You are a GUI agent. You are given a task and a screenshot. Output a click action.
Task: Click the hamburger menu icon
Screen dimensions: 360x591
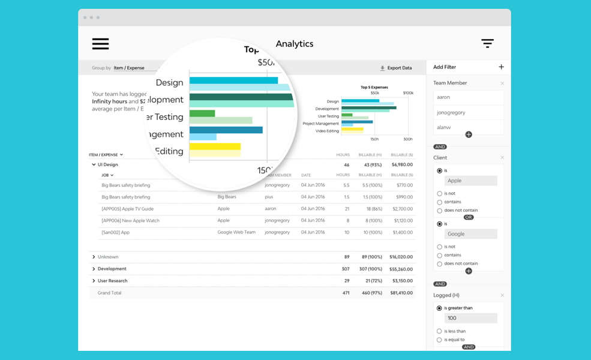(x=100, y=44)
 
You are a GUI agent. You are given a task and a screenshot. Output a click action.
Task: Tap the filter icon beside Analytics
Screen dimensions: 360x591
(x=487, y=43)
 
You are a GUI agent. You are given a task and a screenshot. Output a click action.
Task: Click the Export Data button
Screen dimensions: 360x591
(x=396, y=68)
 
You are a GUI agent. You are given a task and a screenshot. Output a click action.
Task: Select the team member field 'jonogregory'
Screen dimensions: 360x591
(x=468, y=112)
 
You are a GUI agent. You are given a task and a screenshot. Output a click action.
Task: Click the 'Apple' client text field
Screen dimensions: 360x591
(x=470, y=181)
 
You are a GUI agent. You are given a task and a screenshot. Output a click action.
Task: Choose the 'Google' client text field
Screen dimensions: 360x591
(x=470, y=234)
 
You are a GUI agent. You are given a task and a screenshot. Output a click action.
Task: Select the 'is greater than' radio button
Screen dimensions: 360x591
(x=439, y=308)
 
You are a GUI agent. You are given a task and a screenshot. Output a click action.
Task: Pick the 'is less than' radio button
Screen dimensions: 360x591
(x=439, y=331)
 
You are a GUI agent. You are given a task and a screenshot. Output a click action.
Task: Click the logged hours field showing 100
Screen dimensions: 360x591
(x=470, y=318)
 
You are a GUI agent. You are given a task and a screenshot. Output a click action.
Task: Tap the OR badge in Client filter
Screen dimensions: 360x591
(x=469, y=217)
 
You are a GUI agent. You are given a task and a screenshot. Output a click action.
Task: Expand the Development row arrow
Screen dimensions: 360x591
(x=94, y=269)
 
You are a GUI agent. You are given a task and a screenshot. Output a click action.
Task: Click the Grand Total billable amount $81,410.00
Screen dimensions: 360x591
(x=401, y=293)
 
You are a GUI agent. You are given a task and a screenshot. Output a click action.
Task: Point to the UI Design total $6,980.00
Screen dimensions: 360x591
(x=401, y=164)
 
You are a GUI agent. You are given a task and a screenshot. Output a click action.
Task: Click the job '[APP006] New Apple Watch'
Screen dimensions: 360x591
(x=130, y=220)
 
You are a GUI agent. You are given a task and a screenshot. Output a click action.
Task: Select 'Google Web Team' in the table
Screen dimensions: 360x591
(x=236, y=232)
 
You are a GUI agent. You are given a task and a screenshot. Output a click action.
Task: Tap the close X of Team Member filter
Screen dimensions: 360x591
(x=502, y=83)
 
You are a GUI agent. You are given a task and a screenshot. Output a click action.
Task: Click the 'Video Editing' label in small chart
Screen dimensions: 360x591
(x=327, y=131)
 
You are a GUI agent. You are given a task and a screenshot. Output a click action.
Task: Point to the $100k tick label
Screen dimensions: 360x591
(x=408, y=93)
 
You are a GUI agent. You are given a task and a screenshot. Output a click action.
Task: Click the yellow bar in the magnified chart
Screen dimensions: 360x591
(x=215, y=146)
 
